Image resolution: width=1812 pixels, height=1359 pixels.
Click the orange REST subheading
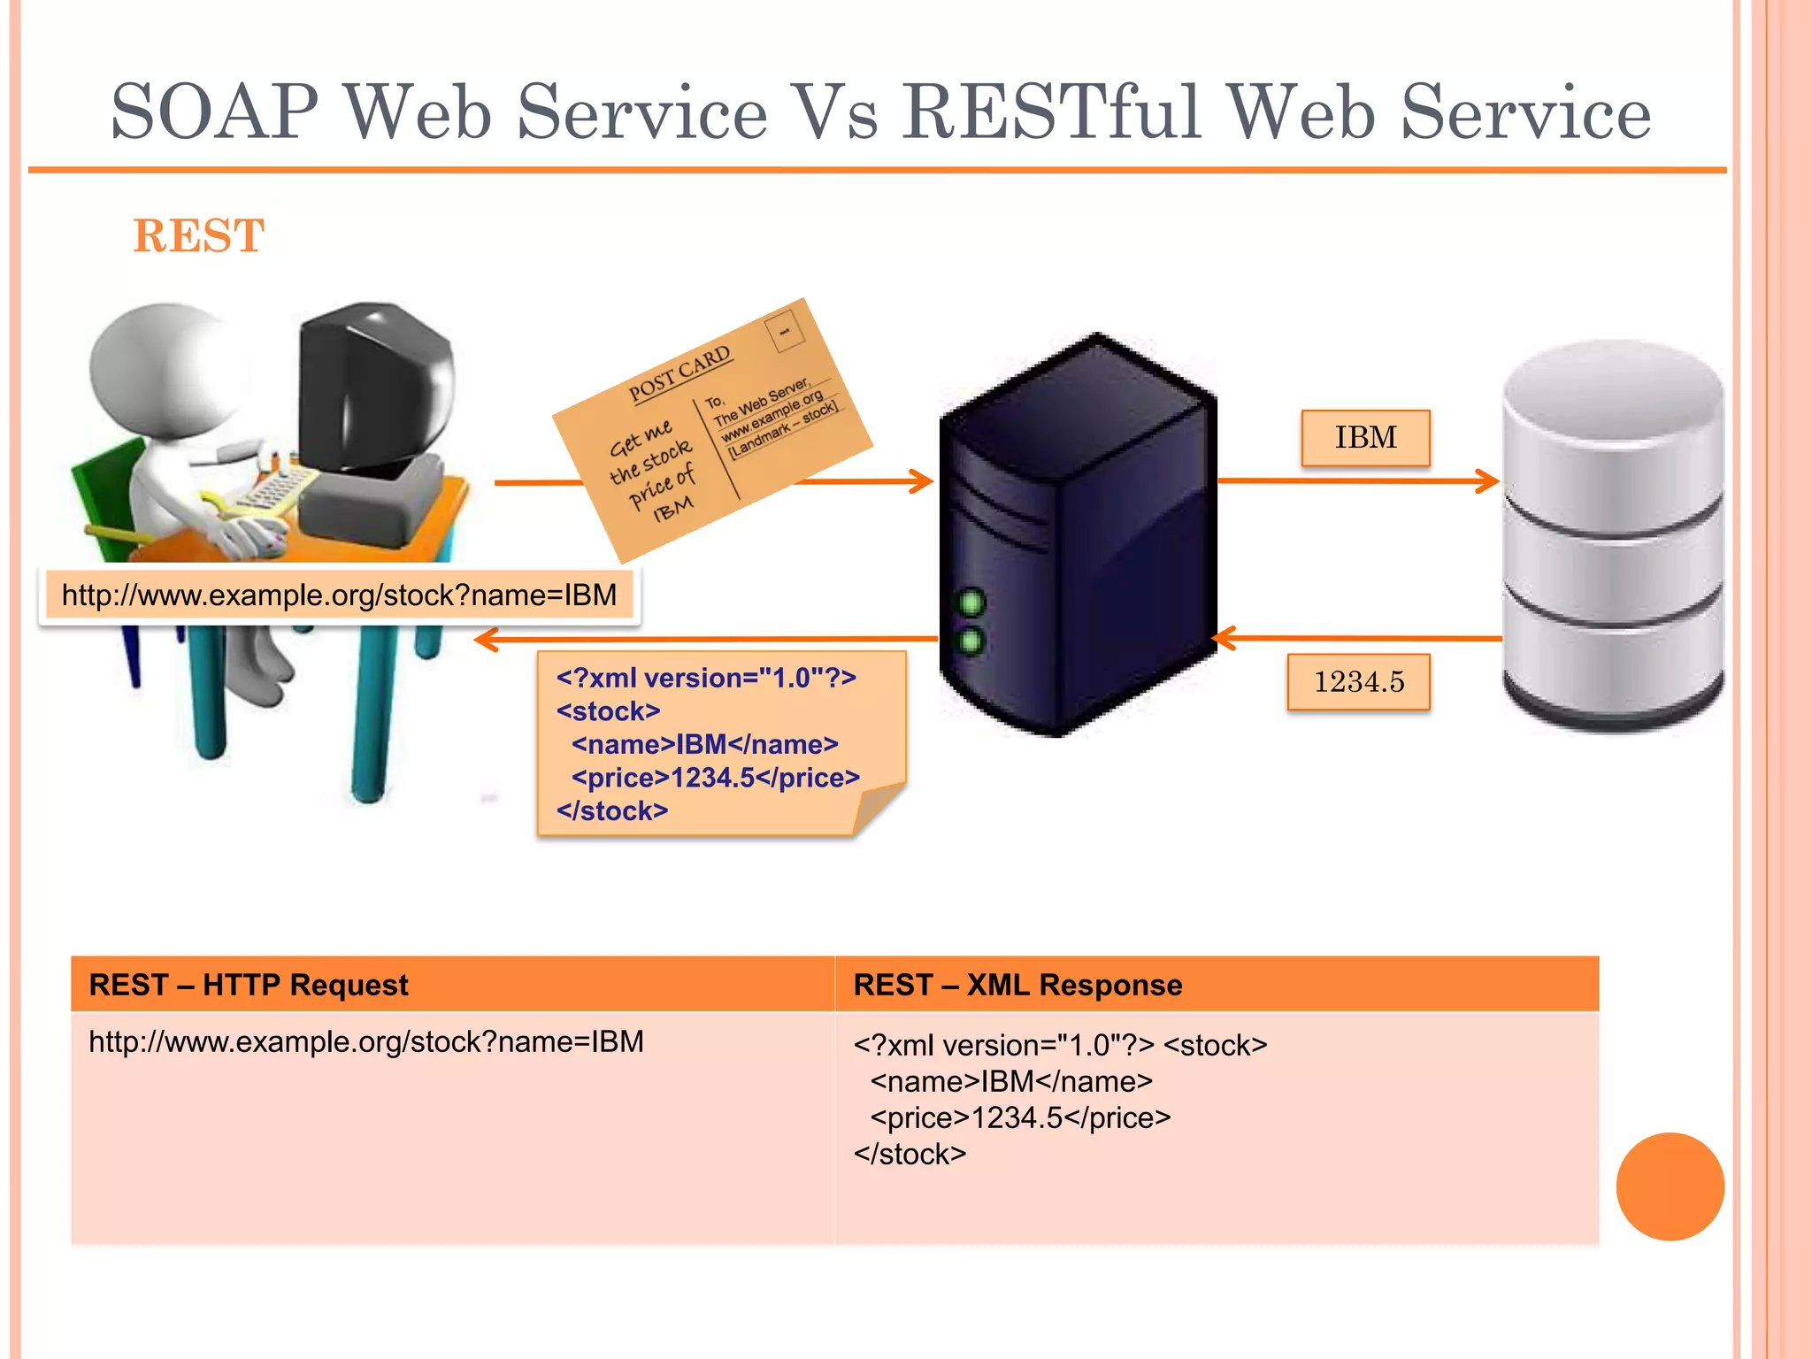(x=198, y=236)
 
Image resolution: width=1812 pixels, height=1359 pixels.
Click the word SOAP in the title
(x=213, y=112)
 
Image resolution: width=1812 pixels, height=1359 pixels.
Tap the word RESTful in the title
(x=1052, y=112)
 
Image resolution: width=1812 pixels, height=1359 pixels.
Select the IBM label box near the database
(x=1365, y=438)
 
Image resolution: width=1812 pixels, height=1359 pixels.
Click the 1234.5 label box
(x=1358, y=682)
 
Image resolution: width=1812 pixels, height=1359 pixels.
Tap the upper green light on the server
(x=971, y=603)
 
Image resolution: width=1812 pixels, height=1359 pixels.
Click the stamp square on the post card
(x=784, y=331)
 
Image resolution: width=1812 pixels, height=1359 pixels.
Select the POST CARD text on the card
(x=679, y=374)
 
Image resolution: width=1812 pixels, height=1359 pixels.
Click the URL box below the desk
(x=339, y=595)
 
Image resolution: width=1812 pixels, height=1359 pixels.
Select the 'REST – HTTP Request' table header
(x=249, y=985)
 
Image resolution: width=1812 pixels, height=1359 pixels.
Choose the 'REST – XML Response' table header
(x=1017, y=985)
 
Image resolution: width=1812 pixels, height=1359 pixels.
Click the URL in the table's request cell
(x=366, y=1042)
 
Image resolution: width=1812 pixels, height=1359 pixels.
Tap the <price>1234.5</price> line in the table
(x=1020, y=1118)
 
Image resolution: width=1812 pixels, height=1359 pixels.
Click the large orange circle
(x=1670, y=1186)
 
